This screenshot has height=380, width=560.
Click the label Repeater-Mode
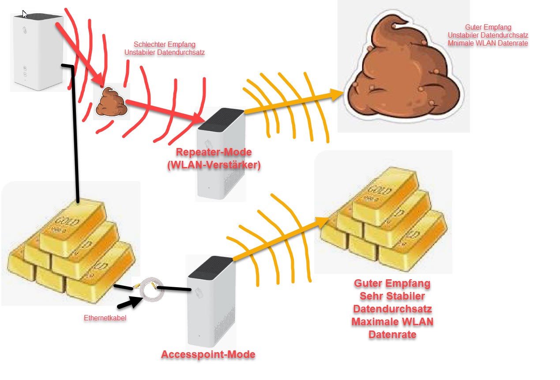(x=214, y=152)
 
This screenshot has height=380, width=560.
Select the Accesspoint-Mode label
(x=208, y=354)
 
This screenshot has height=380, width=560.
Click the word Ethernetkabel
(x=105, y=318)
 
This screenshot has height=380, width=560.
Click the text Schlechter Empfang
(x=164, y=45)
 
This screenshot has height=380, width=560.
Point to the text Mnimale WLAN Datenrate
(x=488, y=43)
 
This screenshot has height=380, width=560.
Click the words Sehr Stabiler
(x=392, y=296)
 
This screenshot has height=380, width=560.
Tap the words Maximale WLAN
(x=392, y=321)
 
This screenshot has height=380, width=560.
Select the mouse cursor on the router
(x=25, y=14)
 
